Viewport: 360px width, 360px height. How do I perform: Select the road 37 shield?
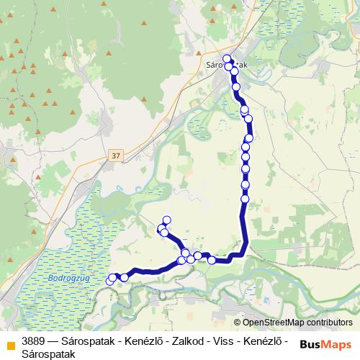(117, 155)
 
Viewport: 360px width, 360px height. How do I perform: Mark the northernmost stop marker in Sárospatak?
(227, 59)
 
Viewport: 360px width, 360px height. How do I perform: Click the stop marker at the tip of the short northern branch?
(167, 220)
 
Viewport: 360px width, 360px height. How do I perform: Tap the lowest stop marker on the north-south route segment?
(245, 198)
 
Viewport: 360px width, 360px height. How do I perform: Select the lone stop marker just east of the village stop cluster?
(212, 260)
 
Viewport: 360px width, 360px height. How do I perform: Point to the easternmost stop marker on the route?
(250, 138)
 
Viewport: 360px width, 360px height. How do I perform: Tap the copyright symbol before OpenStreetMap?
(238, 323)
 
